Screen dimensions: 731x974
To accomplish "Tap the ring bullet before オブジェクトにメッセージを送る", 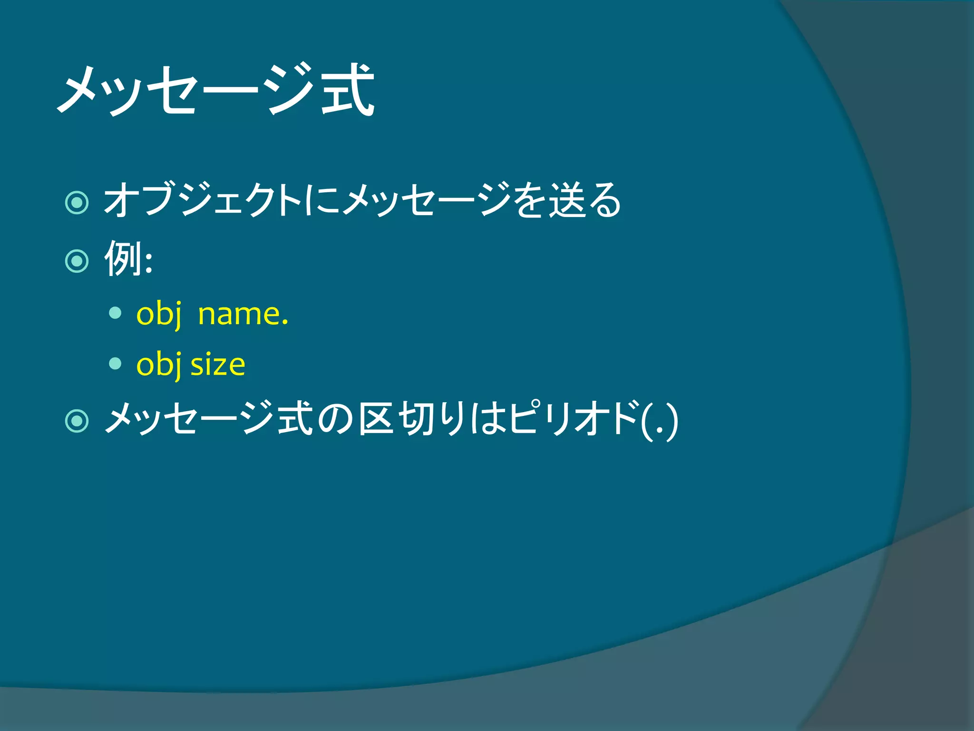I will pos(77,203).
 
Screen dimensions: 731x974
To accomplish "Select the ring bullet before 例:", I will pos(77,260).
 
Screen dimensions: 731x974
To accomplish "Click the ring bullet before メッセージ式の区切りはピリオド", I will pos(77,421).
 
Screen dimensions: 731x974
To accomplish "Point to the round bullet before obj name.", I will pos(115,313).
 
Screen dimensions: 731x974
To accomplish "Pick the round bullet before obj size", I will pos(115,364).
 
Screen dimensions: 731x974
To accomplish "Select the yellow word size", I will pos(218,365).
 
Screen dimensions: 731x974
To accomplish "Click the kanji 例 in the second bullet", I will pos(123,258).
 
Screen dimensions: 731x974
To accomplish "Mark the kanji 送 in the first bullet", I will pos(567,200).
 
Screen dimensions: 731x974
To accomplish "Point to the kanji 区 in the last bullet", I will pos(376,419).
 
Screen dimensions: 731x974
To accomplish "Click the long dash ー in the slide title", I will pos(230,90).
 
